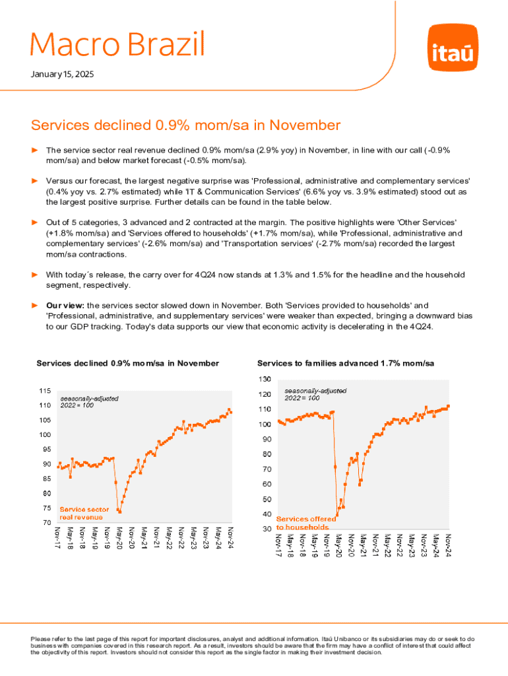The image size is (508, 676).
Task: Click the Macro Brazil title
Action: pos(117,44)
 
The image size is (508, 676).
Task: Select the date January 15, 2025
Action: pos(62,75)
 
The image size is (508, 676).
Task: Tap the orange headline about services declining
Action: pos(185,125)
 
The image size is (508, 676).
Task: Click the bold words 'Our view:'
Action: pos(65,306)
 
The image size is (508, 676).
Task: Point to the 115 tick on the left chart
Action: pos(45,391)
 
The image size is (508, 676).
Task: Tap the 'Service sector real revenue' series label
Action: pos(84,514)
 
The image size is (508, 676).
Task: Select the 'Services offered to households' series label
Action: pos(305,523)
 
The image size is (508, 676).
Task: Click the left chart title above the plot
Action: pos(127,364)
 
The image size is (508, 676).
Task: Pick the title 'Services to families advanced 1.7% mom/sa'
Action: pos(346,364)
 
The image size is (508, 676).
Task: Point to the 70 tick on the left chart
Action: pos(46,523)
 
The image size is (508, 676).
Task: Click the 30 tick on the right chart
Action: pos(265,529)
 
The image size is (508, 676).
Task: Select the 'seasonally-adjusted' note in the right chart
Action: pos(315,391)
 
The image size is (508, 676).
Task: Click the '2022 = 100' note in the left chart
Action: pos(77,406)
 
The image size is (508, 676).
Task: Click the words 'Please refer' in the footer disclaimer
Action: pos(47,639)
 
